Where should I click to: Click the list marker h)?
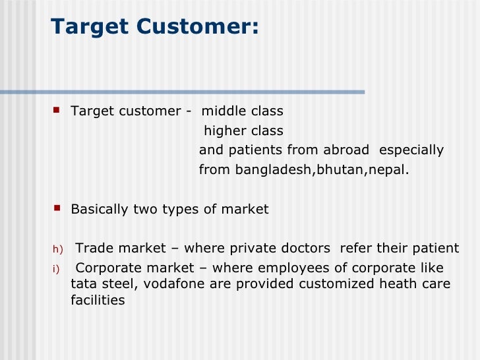click(x=57, y=249)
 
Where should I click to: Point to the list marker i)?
click(x=55, y=268)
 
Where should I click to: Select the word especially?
click(x=412, y=150)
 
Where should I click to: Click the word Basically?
click(x=100, y=210)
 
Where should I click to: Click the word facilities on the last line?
click(x=98, y=300)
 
